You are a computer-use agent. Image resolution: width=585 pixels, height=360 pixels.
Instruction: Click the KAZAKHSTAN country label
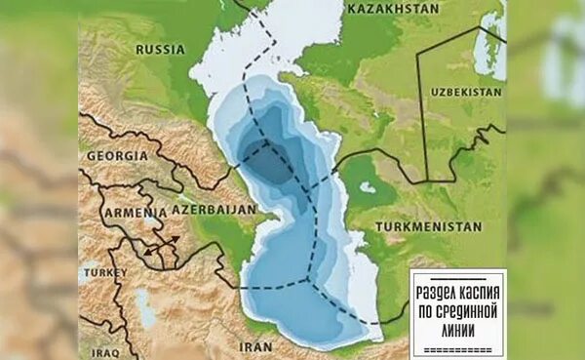pos(388,8)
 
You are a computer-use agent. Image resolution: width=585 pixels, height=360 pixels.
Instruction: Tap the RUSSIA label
pos(161,49)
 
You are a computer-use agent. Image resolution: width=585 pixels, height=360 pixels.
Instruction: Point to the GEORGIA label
pos(117,155)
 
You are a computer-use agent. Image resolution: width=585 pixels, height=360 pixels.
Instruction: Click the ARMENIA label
pos(135,212)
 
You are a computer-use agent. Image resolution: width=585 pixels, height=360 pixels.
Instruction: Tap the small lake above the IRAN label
pos(146,309)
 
